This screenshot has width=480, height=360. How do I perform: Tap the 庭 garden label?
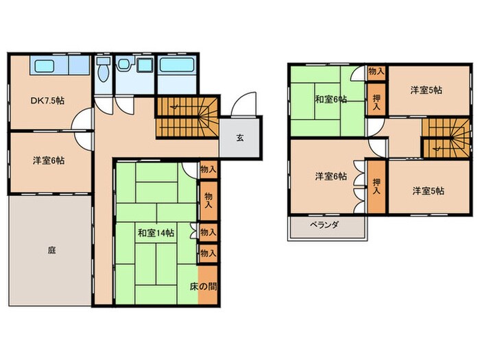pos(51,251)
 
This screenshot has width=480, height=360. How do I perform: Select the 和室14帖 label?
pos(156,233)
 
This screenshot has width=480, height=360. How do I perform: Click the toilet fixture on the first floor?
pos(104,69)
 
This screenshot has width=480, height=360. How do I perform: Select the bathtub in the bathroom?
pos(178,67)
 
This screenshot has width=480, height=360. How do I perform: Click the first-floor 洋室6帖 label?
pos(48,160)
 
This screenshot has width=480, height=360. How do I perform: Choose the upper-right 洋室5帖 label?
pos(426,91)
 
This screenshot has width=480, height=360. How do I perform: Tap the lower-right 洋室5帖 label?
pos(429,191)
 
